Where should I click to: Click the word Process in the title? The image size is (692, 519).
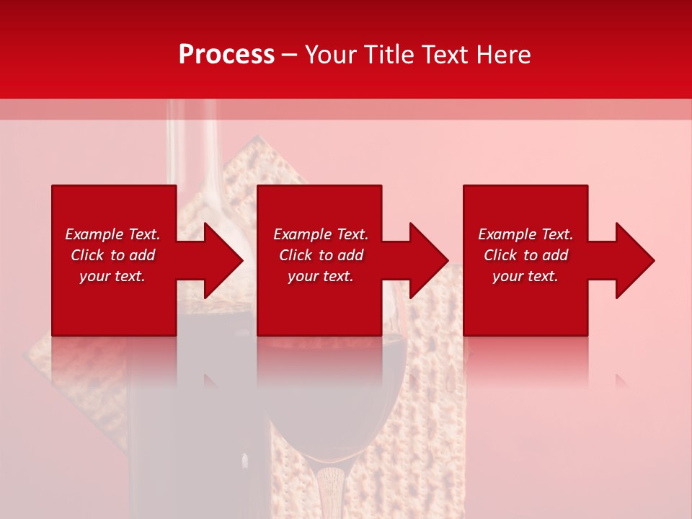coord(226,55)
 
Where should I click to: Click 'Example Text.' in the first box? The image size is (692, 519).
coord(112,234)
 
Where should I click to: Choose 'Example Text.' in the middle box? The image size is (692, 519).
coord(321,234)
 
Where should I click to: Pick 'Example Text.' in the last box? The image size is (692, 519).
coord(525,234)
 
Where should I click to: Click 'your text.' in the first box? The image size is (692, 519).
coord(112,276)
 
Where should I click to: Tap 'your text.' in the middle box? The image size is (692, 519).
coord(321,276)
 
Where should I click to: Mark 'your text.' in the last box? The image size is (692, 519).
coord(525,276)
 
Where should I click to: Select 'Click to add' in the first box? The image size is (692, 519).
coord(112,255)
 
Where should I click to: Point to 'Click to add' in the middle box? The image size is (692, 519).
coord(321,255)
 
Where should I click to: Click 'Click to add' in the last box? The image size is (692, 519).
coord(525,255)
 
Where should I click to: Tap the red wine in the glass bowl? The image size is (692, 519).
coord(332,404)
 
